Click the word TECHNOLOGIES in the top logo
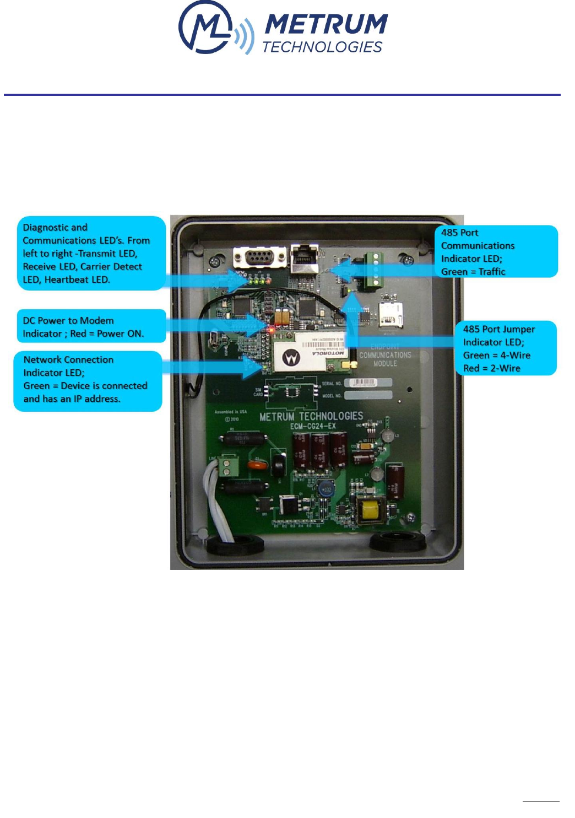pyautogui.click(x=322, y=47)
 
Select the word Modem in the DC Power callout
pyautogui.click(x=97, y=320)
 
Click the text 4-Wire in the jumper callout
pyautogui.click(x=515, y=355)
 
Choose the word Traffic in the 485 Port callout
pyautogui.click(x=492, y=271)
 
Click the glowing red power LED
pyautogui.click(x=272, y=329)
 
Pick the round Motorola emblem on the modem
pyautogui.click(x=291, y=359)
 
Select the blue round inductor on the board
pyautogui.click(x=327, y=488)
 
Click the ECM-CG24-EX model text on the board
pyautogui.click(x=313, y=426)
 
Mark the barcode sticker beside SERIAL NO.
pyautogui.click(x=364, y=383)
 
